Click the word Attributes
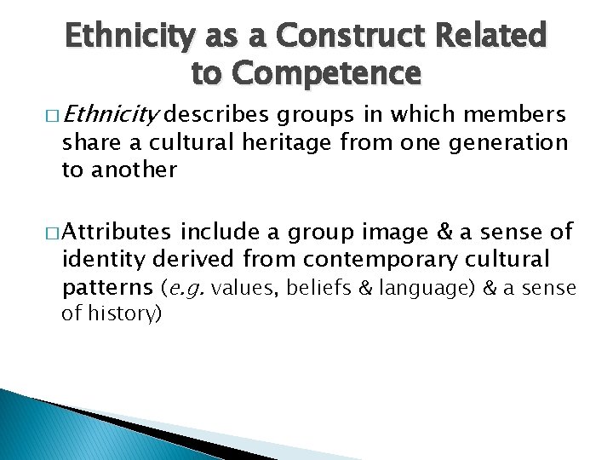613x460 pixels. click(x=118, y=231)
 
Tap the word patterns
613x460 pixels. click(x=107, y=289)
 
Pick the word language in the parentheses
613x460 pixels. click(x=426, y=289)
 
